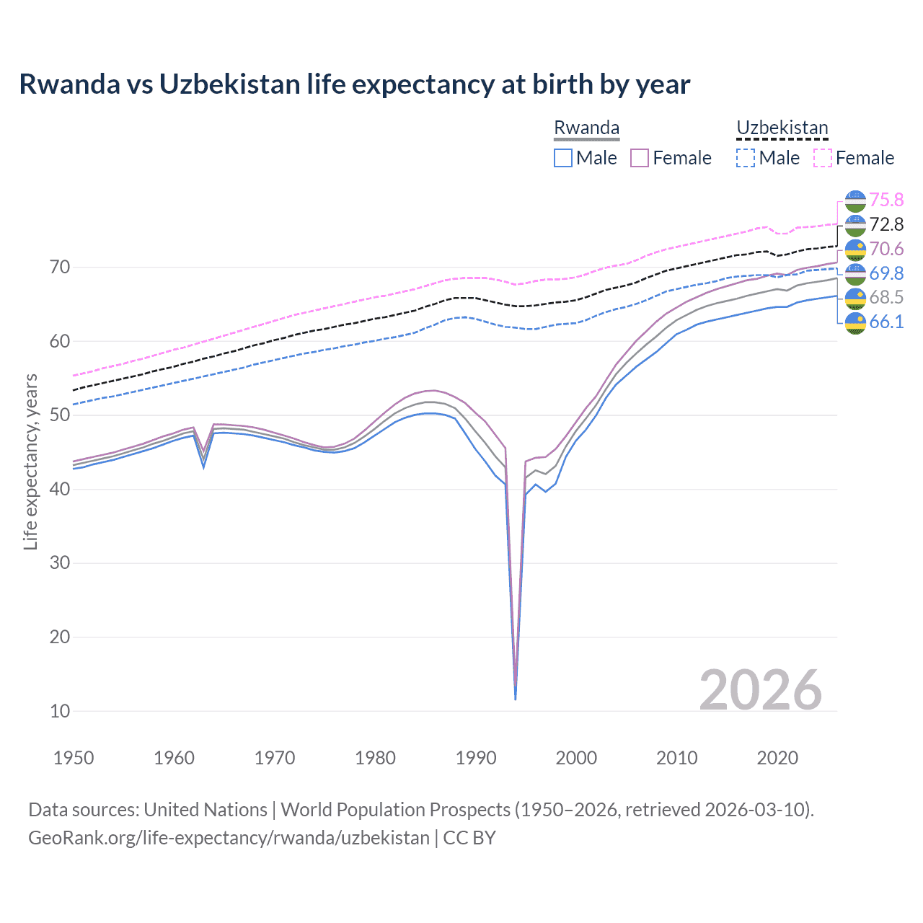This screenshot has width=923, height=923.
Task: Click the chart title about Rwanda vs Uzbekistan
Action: pyautogui.click(x=354, y=84)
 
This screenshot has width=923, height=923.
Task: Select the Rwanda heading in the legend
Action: pyautogui.click(x=586, y=128)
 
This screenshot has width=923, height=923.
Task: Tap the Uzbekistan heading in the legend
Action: pyautogui.click(x=782, y=128)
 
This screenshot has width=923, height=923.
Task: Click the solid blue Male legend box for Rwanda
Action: pyautogui.click(x=563, y=158)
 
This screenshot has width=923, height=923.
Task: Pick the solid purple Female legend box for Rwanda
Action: pyautogui.click(x=640, y=158)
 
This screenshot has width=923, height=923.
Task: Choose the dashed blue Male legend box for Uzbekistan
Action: pyautogui.click(x=746, y=158)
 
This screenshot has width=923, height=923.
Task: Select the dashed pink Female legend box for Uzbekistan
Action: pyautogui.click(x=823, y=158)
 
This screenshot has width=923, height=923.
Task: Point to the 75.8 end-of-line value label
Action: pyautogui.click(x=886, y=200)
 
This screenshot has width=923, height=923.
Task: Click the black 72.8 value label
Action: pyautogui.click(x=886, y=224)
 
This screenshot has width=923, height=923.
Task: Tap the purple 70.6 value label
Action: pyautogui.click(x=886, y=249)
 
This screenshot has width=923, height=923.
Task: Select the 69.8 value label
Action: pyautogui.click(x=886, y=273)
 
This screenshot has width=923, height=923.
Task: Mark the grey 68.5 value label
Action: pyautogui.click(x=886, y=297)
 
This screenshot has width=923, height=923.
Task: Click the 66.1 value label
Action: pyautogui.click(x=886, y=322)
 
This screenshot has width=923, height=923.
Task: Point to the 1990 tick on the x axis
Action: pyautogui.click(x=476, y=758)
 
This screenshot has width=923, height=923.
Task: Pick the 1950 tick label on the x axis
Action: pyautogui.click(x=74, y=758)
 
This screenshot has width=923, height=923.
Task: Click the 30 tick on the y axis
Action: pyautogui.click(x=60, y=563)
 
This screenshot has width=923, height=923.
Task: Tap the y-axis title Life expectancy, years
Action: pyautogui.click(x=30, y=461)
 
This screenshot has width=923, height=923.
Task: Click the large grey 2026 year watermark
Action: pyautogui.click(x=760, y=690)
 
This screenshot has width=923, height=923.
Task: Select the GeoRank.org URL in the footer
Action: pyautogui.click(x=229, y=838)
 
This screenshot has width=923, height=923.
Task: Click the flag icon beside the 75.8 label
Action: pyautogui.click(x=855, y=200)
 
